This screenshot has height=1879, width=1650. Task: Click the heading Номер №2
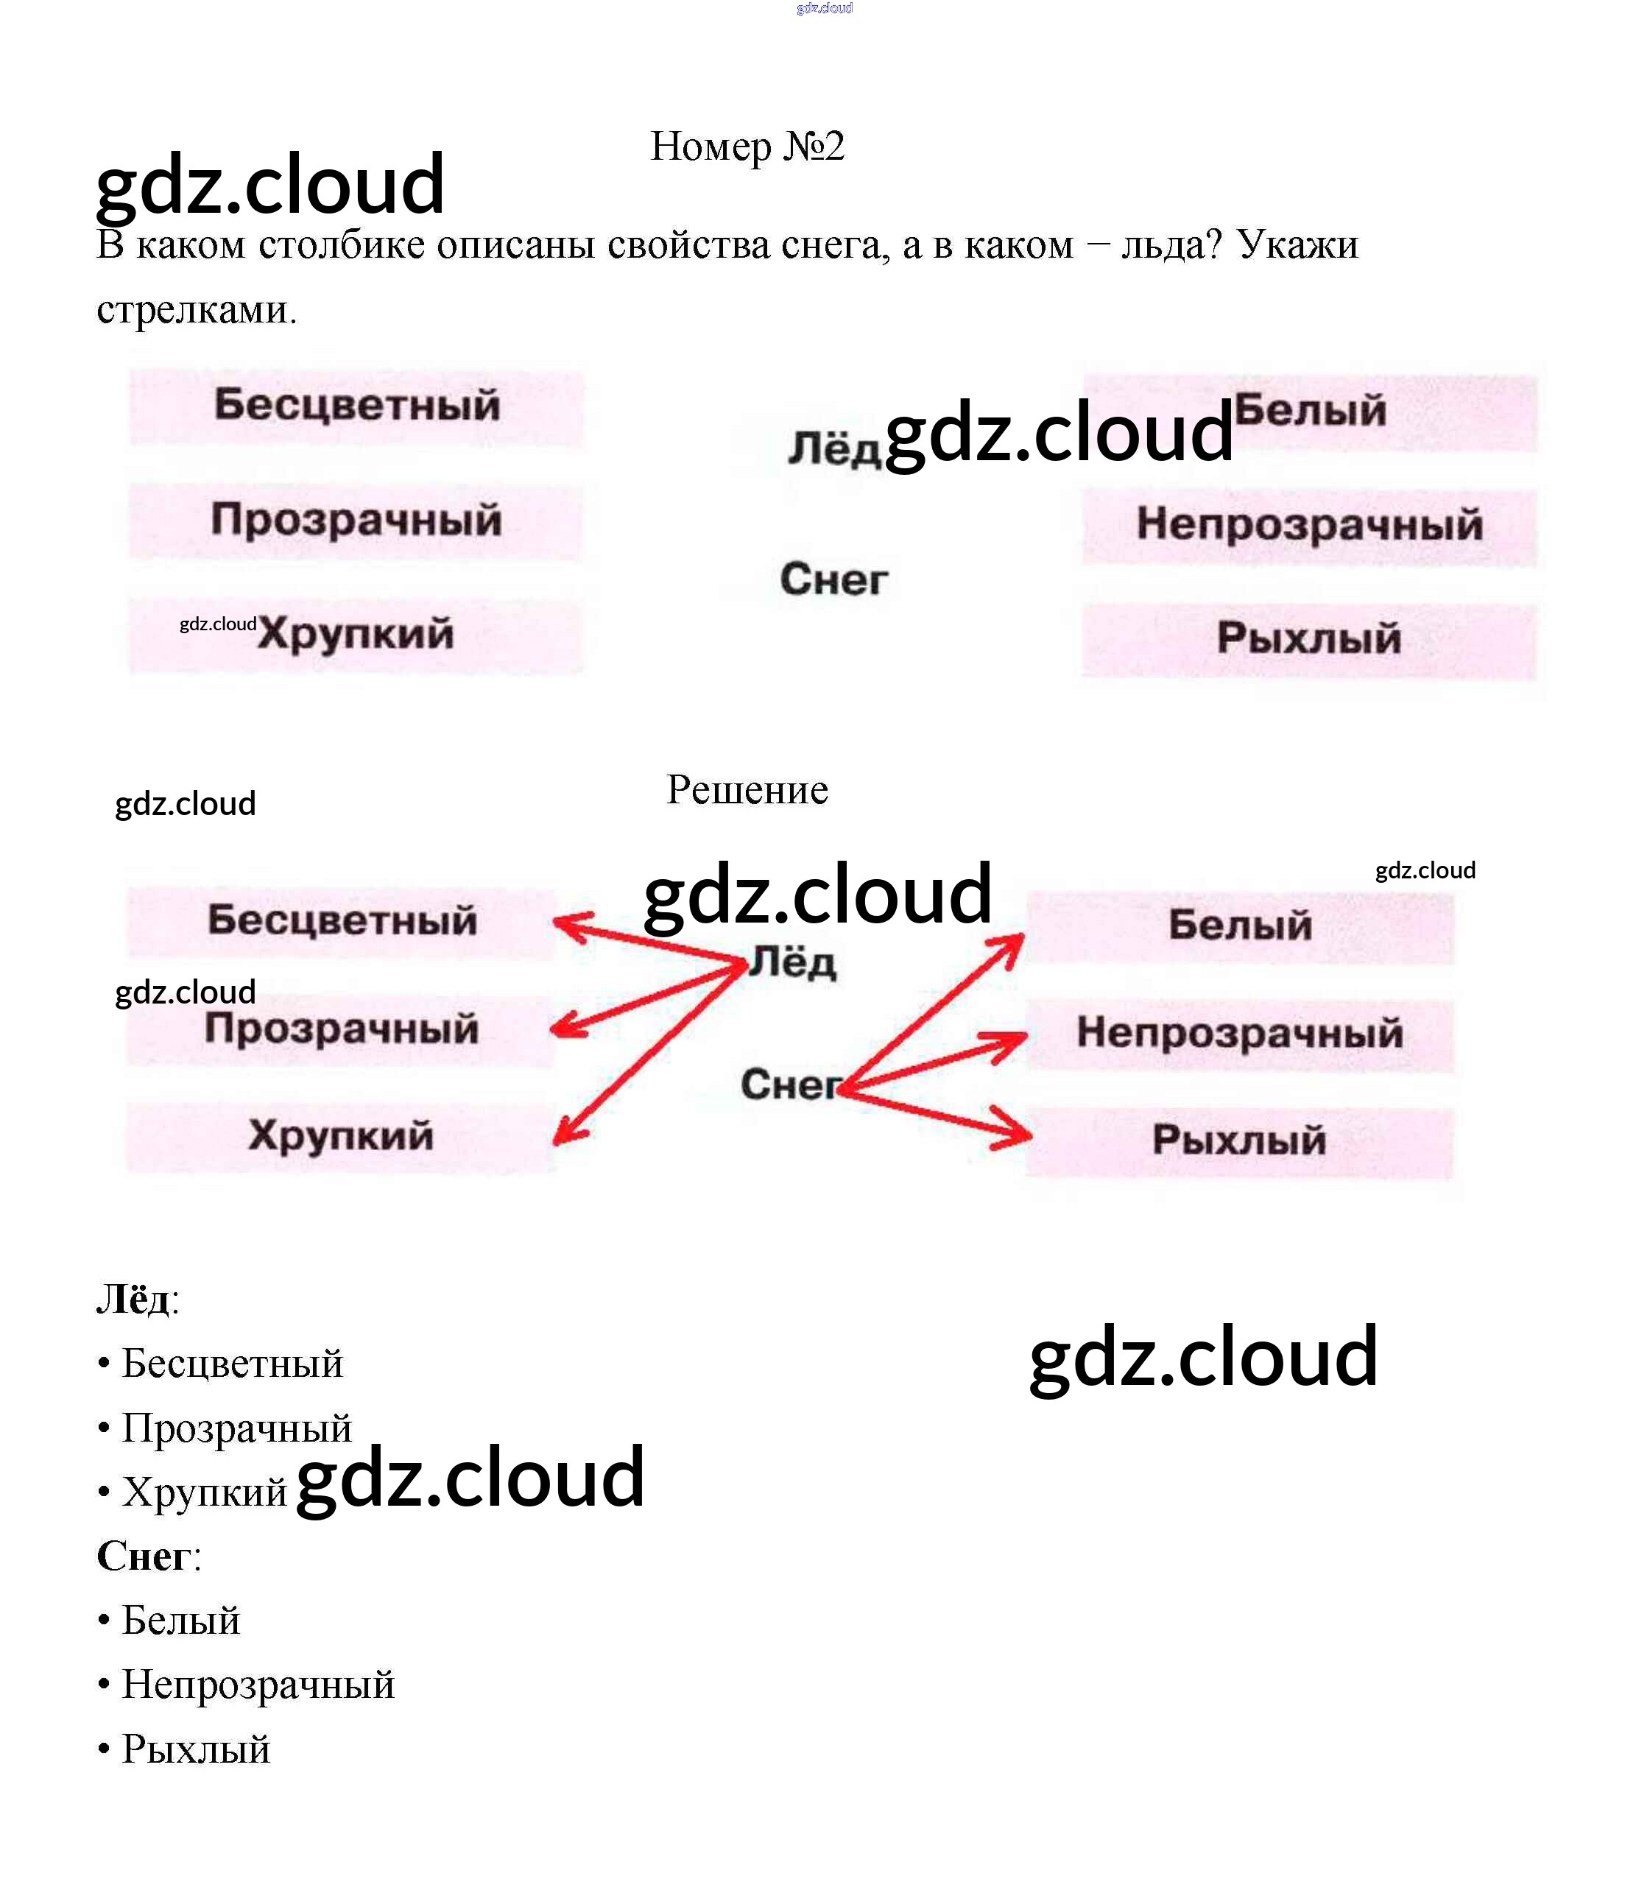coord(747,147)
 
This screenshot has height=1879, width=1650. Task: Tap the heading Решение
coord(747,789)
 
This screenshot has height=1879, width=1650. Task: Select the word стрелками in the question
coord(196,311)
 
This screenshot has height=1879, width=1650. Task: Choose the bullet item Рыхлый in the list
coord(196,1749)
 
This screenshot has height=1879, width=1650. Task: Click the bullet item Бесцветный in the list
coord(232,1364)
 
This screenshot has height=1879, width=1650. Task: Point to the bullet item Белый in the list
coord(181,1621)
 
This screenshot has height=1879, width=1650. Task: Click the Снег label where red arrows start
coord(789,1085)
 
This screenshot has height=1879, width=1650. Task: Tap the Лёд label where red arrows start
coord(792,963)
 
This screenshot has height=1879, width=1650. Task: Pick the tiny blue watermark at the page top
coord(825,8)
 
